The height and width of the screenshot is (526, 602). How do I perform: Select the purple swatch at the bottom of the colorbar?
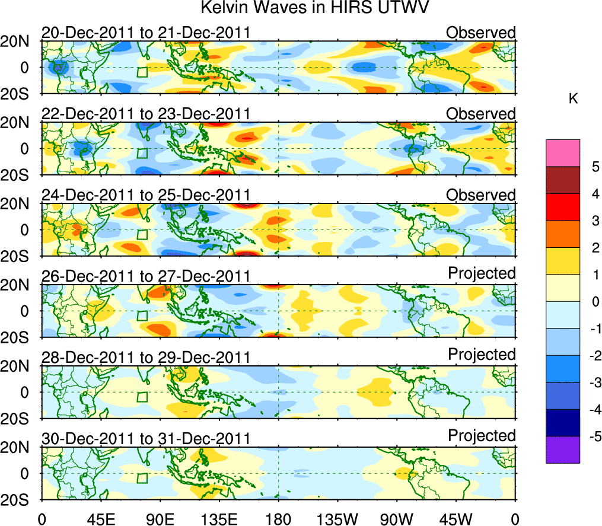pyautogui.click(x=563, y=450)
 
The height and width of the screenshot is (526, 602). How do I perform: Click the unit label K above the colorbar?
pyautogui.click(x=573, y=99)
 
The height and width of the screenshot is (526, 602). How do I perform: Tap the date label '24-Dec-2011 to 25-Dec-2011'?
pyautogui.click(x=145, y=195)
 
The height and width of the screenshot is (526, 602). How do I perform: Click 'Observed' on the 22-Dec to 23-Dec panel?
pyautogui.click(x=481, y=113)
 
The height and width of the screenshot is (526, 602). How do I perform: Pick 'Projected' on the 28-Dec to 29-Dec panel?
pyautogui.click(x=482, y=354)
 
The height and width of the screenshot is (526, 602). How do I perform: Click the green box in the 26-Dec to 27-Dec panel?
pyautogui.click(x=142, y=316)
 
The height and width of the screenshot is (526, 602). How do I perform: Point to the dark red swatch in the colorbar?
pyautogui.click(x=563, y=180)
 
